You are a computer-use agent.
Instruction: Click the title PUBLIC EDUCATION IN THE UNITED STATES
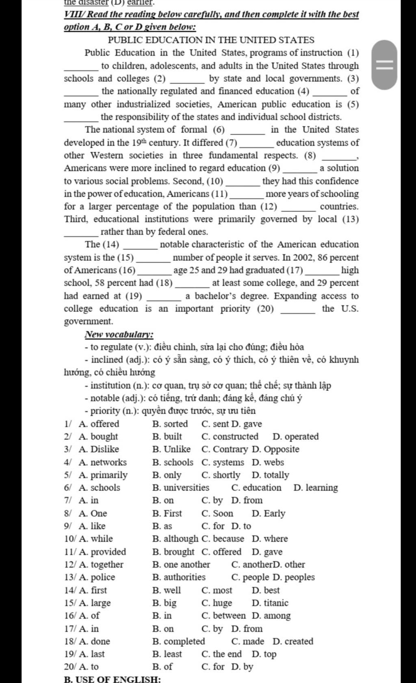click(211, 40)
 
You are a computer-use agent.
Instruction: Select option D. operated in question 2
click(296, 436)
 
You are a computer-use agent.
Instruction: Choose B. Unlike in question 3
click(171, 449)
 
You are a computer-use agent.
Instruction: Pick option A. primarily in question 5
click(103, 475)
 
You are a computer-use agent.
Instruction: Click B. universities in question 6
click(181, 488)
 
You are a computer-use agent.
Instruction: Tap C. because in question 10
click(223, 539)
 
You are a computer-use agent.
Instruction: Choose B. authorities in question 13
click(179, 577)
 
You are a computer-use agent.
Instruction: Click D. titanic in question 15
click(270, 603)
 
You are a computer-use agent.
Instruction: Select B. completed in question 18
click(179, 641)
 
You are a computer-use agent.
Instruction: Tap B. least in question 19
click(167, 654)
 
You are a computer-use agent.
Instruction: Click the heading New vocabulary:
click(119, 335)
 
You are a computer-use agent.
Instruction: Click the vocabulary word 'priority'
click(105, 411)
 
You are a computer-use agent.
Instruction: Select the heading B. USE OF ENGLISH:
click(113, 679)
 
